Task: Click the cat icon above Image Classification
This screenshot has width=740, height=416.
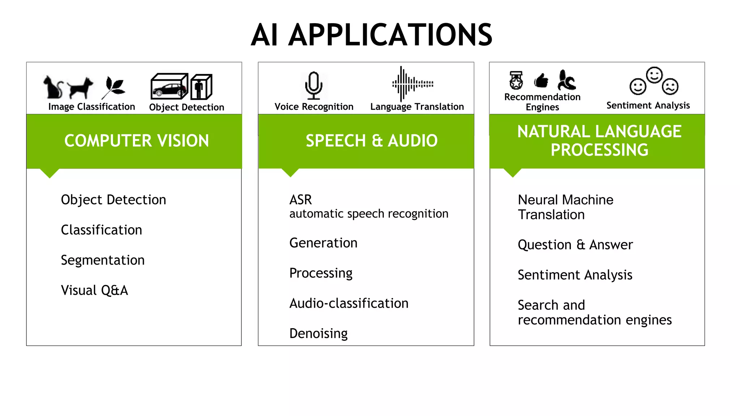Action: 53,87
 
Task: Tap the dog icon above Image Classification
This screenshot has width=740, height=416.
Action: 80,88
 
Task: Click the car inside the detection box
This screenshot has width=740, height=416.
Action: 169,90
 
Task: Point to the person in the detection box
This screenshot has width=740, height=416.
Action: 199,88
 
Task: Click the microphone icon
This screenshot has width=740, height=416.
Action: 313,85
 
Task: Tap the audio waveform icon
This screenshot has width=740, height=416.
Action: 412,84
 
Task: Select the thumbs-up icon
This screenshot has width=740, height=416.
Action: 541,81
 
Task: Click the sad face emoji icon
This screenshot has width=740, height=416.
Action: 671,86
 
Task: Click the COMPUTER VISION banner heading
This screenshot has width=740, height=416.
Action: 137,141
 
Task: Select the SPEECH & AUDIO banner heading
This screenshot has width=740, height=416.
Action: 371,141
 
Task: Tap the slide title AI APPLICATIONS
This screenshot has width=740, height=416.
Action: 371,35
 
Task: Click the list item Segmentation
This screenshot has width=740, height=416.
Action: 103,260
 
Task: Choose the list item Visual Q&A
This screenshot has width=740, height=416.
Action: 94,290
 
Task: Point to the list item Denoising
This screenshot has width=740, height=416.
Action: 318,334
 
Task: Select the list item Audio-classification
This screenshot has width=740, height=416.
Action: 349,303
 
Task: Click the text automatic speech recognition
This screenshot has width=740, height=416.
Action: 369,214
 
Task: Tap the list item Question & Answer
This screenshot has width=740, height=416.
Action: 575,245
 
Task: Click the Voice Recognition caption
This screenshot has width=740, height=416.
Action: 314,107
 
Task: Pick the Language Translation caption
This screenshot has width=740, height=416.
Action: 417,107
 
